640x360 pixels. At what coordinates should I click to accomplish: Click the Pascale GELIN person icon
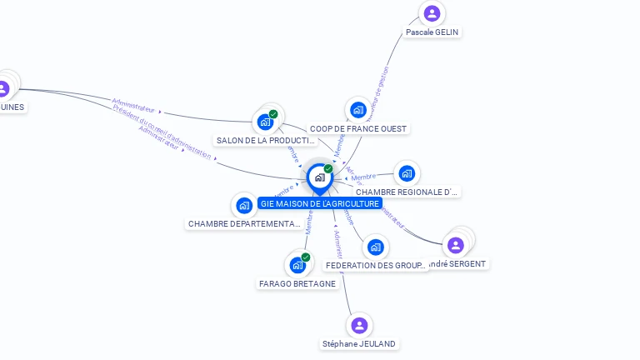tap(432, 13)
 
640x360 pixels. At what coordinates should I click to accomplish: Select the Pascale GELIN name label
tap(432, 32)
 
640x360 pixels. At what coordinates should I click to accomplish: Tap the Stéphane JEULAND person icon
tap(359, 325)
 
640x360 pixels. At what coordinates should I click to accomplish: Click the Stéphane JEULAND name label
tap(359, 343)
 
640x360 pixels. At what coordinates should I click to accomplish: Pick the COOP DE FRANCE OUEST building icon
tap(358, 110)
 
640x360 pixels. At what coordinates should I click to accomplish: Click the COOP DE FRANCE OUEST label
tap(358, 129)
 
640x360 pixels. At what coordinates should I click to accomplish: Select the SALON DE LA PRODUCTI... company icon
tap(266, 122)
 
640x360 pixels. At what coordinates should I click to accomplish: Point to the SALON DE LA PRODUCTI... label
tap(266, 141)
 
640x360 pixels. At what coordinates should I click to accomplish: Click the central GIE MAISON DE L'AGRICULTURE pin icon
tap(319, 177)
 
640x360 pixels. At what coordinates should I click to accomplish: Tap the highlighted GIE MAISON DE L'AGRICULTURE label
tap(320, 203)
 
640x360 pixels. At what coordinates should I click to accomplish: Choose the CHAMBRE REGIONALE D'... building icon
tap(406, 173)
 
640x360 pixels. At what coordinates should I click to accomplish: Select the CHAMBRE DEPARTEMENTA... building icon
tap(244, 205)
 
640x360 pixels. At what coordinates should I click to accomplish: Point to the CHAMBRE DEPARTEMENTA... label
tap(244, 224)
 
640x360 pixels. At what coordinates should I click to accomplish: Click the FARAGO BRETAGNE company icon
tap(297, 265)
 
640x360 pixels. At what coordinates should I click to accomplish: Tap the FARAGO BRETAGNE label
tap(297, 283)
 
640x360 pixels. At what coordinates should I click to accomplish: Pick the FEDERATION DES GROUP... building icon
tap(376, 247)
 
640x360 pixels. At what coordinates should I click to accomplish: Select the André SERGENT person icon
tap(455, 245)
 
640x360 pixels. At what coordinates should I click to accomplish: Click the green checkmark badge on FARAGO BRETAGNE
tap(306, 257)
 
